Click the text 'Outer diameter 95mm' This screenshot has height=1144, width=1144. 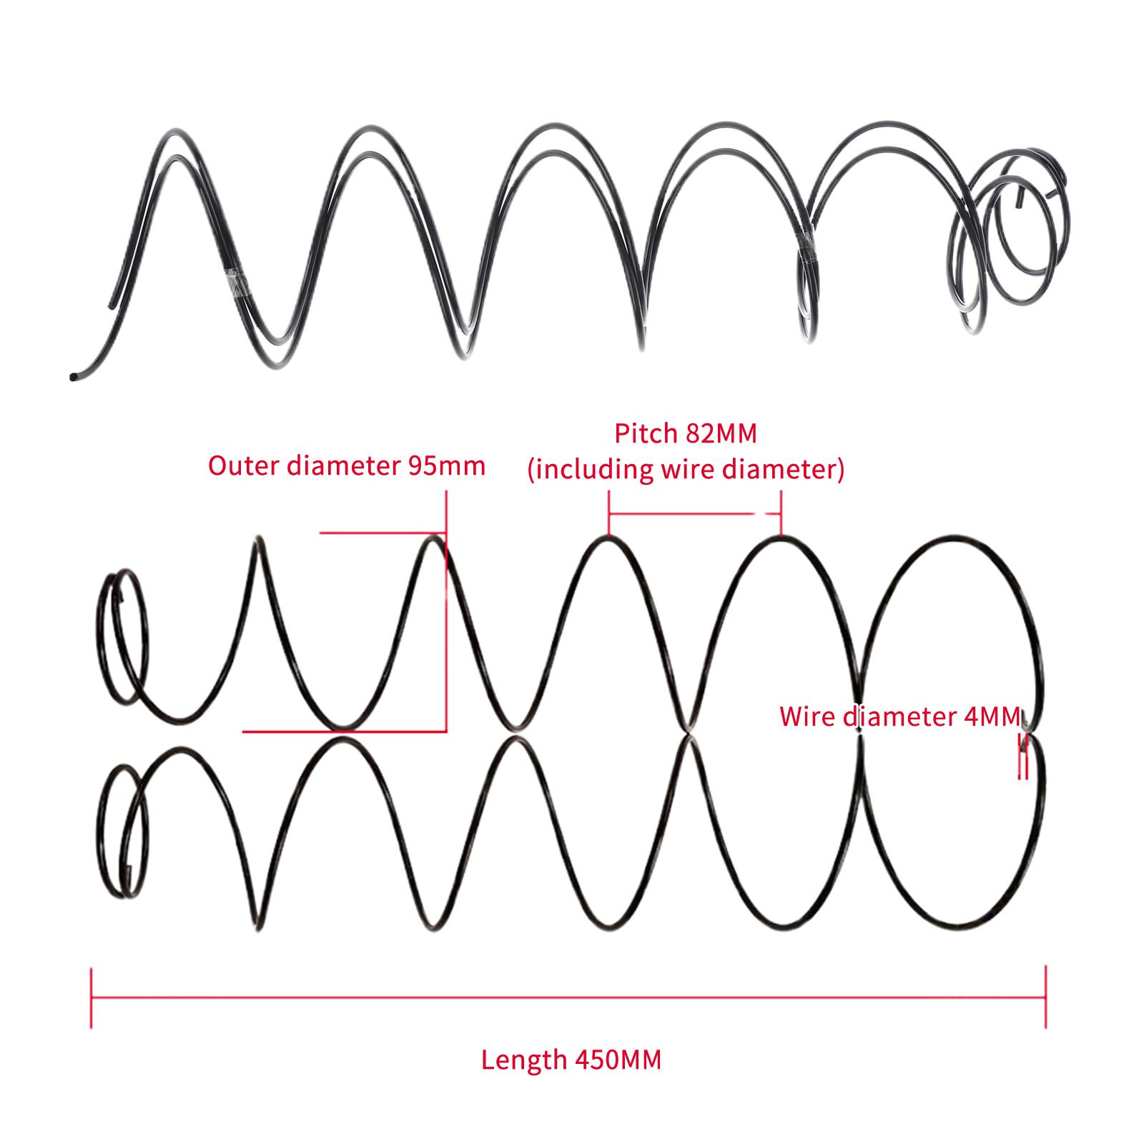[x=347, y=465]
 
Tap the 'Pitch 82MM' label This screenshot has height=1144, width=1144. [x=685, y=433]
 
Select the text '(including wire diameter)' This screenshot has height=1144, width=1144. [x=686, y=470]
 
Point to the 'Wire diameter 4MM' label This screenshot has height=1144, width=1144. [x=900, y=716]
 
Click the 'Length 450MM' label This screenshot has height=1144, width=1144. [x=571, y=1059]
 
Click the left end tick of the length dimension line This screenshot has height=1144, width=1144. [x=92, y=997]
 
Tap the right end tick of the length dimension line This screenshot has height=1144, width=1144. [x=1046, y=997]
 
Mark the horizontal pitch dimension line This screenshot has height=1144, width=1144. [x=694, y=513]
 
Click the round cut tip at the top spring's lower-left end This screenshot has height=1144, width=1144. [x=73, y=376]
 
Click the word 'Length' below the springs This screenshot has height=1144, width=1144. [x=523, y=1059]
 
